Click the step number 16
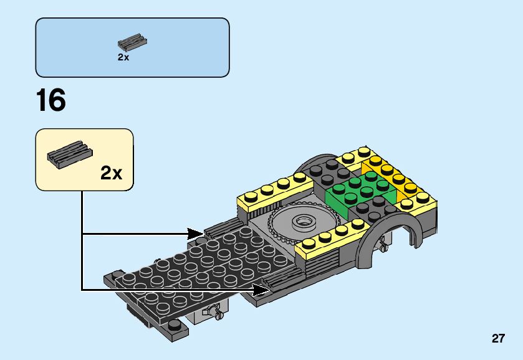[51, 101]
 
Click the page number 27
[497, 339]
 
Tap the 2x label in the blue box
[123, 57]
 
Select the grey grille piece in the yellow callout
[69, 153]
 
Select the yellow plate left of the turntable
[274, 190]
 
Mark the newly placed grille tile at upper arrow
[221, 227]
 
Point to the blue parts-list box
[132, 47]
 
